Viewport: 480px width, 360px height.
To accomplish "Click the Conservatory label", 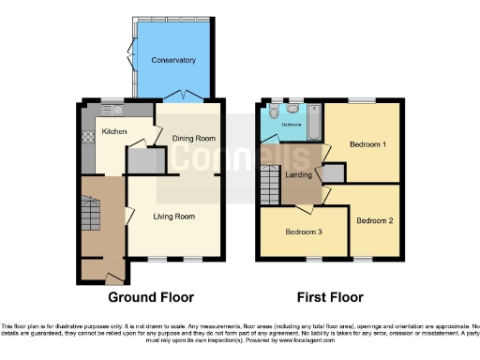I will point(174,60).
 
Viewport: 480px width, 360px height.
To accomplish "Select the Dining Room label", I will point(194,140).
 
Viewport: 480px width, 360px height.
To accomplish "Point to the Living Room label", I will point(174,217).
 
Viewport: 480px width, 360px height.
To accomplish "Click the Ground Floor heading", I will point(151,297).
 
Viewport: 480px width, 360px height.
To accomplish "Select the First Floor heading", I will point(329,297).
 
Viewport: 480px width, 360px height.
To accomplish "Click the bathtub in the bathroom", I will point(313,121).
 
